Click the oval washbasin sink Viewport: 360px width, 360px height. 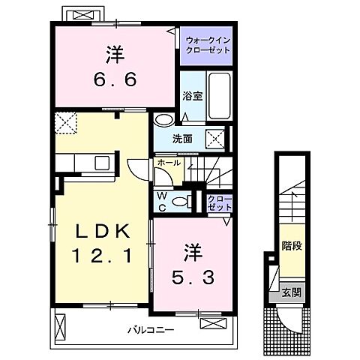point(162,120)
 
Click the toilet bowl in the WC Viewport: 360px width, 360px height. point(179,201)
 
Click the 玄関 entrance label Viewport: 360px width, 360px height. point(291,293)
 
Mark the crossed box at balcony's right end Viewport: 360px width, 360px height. point(212,323)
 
